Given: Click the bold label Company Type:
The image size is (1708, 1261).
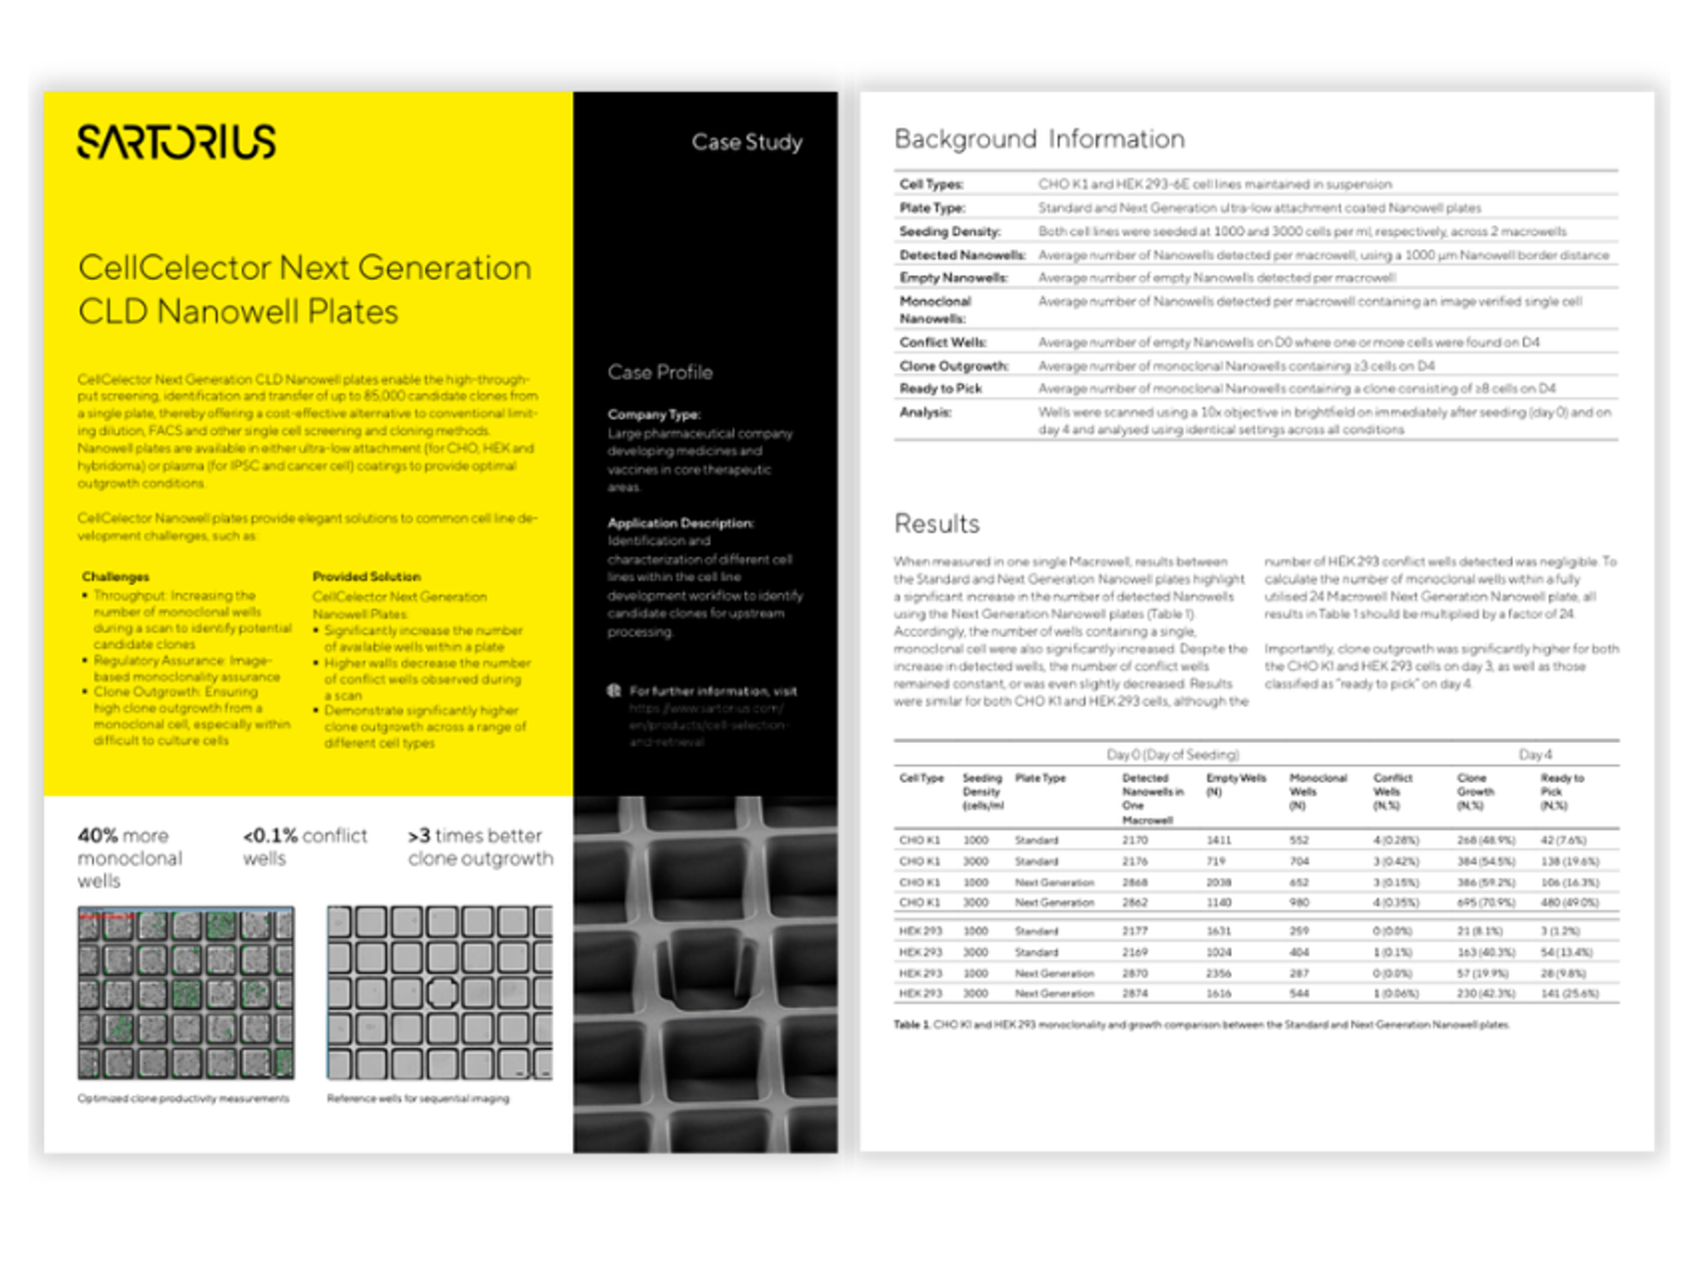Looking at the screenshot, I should [654, 415].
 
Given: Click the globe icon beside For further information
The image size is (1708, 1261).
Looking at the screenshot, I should [614, 691].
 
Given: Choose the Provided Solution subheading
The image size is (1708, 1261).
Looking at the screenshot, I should [367, 576].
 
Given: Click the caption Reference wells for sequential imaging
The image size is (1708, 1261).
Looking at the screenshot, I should [418, 1098].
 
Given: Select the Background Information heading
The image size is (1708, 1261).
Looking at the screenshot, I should [1039, 139].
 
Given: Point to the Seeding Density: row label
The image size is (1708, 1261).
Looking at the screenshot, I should [949, 231].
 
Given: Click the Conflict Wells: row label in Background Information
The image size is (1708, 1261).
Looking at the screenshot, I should [943, 342].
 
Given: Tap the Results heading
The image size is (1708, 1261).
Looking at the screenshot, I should [936, 524].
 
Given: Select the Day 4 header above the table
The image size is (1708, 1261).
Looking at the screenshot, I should [1535, 754].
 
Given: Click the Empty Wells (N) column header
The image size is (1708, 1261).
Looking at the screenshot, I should [1236, 785].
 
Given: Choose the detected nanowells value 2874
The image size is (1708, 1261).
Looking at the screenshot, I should [1135, 994].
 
